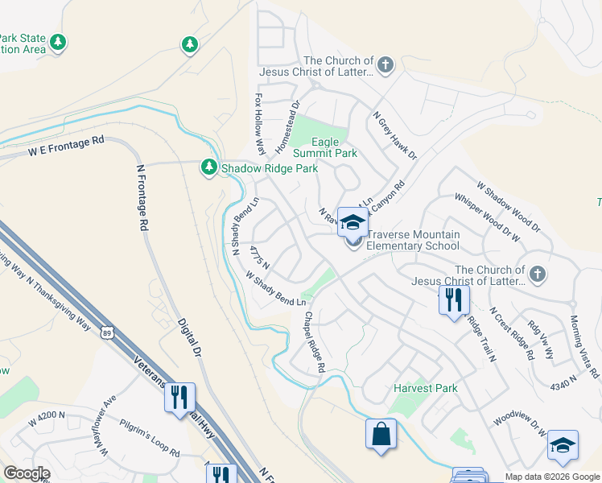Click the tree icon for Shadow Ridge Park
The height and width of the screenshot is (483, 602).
coord(209,167)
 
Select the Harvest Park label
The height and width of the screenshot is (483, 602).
coord(425,388)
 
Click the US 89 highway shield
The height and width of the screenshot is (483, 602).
coord(106,331)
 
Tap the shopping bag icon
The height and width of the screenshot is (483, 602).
coord(381,434)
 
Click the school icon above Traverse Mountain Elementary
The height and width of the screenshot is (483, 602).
coord(353,221)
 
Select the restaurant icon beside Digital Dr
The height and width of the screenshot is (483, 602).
coord(179,397)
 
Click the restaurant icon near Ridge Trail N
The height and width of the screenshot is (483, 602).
coord(454,301)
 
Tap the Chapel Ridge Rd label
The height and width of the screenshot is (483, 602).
coord(313,343)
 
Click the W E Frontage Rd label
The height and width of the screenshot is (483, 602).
coord(67,145)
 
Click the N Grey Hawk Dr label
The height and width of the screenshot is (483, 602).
coord(394,134)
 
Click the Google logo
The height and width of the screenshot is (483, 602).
coord(26,473)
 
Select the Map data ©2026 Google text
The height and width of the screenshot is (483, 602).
coord(551,477)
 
